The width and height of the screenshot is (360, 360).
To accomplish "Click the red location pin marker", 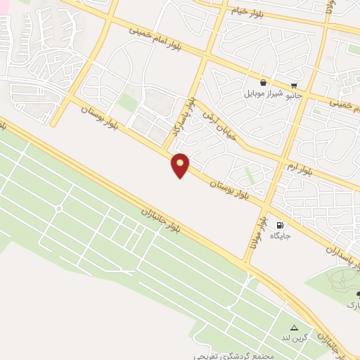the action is coord(181,165).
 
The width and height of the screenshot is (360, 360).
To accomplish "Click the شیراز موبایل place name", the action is coord(263,94).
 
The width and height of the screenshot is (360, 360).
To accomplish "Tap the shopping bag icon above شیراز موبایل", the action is coord(263,82).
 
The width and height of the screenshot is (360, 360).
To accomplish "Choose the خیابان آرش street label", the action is coord(220,125).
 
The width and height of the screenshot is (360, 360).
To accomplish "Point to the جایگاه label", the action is coord(283,236).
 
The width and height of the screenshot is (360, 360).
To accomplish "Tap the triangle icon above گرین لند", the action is coord(294,328).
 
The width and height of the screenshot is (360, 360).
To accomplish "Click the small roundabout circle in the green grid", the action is coord(58,209).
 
